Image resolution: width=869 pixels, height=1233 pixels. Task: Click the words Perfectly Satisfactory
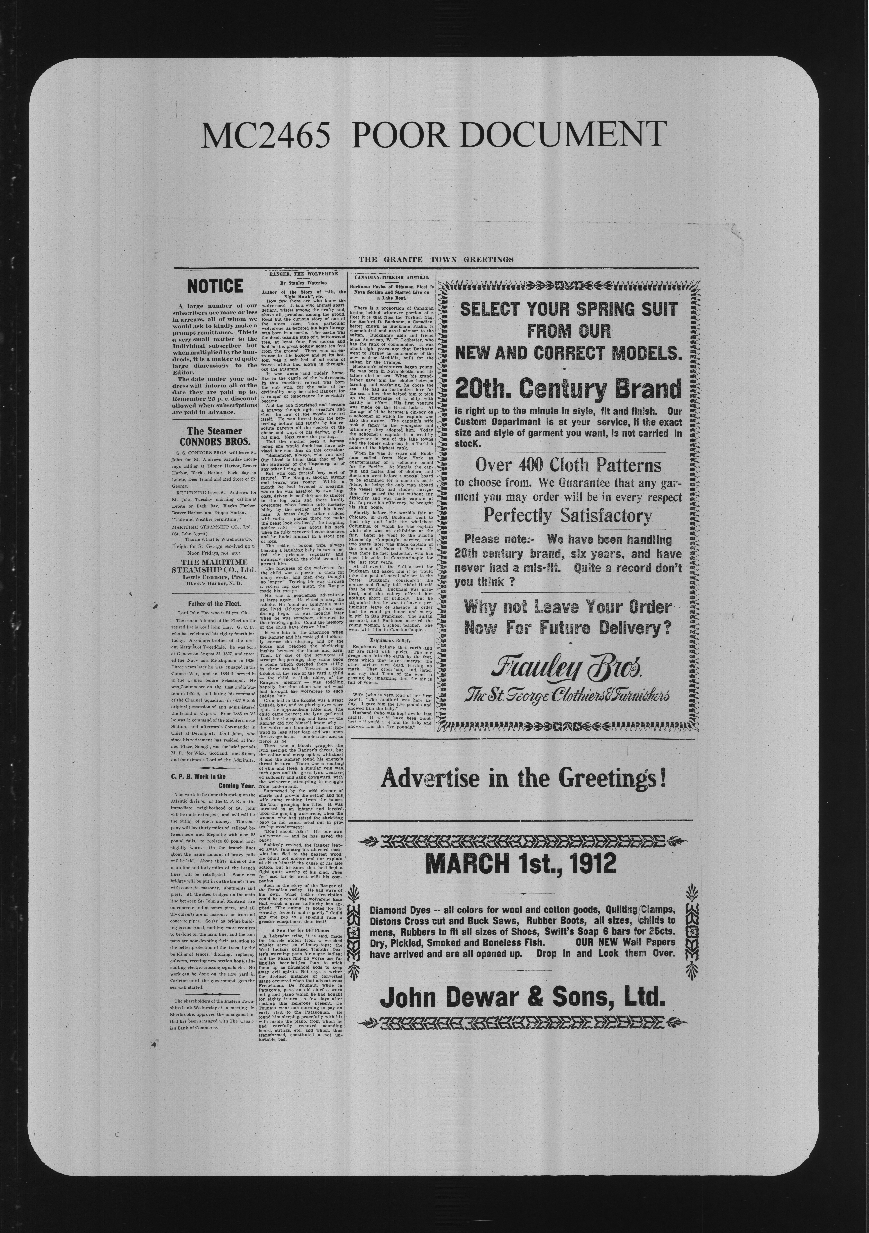tap(568, 516)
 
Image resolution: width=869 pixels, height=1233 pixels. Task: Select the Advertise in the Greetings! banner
tap(523, 778)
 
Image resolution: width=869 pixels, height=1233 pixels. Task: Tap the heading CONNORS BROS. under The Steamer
tap(215, 442)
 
